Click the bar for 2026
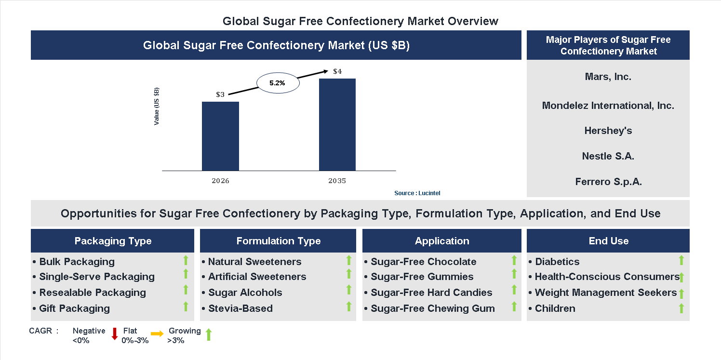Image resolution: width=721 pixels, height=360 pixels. pyautogui.click(x=220, y=136)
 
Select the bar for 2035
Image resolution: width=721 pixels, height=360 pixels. pyautogui.click(x=337, y=124)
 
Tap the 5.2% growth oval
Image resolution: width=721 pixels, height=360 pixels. pyautogui.click(x=278, y=83)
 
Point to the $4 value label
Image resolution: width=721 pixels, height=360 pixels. pyautogui.click(x=337, y=72)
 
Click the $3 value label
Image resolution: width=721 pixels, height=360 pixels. pyautogui.click(x=220, y=94)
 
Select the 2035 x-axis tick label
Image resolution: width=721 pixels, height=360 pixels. pyautogui.click(x=337, y=181)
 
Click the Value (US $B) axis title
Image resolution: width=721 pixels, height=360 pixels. pyautogui.click(x=157, y=107)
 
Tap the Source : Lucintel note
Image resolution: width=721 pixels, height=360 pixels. pyautogui.click(x=417, y=193)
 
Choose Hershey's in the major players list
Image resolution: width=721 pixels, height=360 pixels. pyautogui.click(x=608, y=131)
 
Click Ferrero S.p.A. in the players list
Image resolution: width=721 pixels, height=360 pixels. pyautogui.click(x=608, y=182)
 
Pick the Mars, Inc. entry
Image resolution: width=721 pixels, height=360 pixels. pyautogui.click(x=608, y=77)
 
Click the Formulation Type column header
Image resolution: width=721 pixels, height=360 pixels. pyautogui.click(x=278, y=241)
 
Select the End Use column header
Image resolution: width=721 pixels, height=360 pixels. pyautogui.click(x=608, y=241)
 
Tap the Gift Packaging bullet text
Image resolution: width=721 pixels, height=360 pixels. pyautogui.click(x=74, y=308)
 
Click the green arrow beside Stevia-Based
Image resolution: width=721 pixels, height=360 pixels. pyautogui.click(x=349, y=307)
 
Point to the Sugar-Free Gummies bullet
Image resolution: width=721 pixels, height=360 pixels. pyautogui.click(x=422, y=277)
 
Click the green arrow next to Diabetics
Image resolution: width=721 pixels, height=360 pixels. pyautogui.click(x=681, y=260)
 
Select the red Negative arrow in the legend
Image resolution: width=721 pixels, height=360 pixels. pyautogui.click(x=115, y=333)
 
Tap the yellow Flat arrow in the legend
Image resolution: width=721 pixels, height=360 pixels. pyautogui.click(x=157, y=333)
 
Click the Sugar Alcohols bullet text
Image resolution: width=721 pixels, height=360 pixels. pyautogui.click(x=245, y=293)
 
